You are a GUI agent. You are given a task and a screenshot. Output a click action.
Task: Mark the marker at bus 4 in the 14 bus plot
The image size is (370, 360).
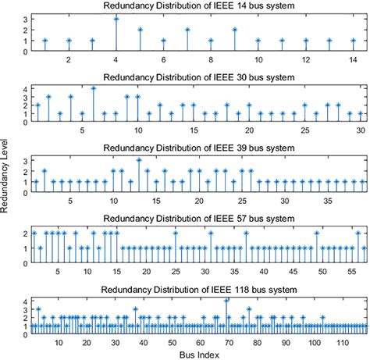tap(116, 18)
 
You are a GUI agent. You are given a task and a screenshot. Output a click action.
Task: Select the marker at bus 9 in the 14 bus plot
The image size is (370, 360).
tap(235, 29)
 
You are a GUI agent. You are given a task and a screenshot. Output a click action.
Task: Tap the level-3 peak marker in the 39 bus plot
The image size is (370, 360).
tap(139, 159)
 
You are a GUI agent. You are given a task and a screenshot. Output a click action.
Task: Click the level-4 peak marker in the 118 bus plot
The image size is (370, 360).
tap(226, 300)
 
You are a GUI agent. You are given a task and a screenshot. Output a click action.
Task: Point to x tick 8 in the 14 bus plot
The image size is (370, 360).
tap(211, 60)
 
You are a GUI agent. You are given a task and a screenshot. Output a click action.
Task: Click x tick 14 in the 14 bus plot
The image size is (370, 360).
tap(353, 60)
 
